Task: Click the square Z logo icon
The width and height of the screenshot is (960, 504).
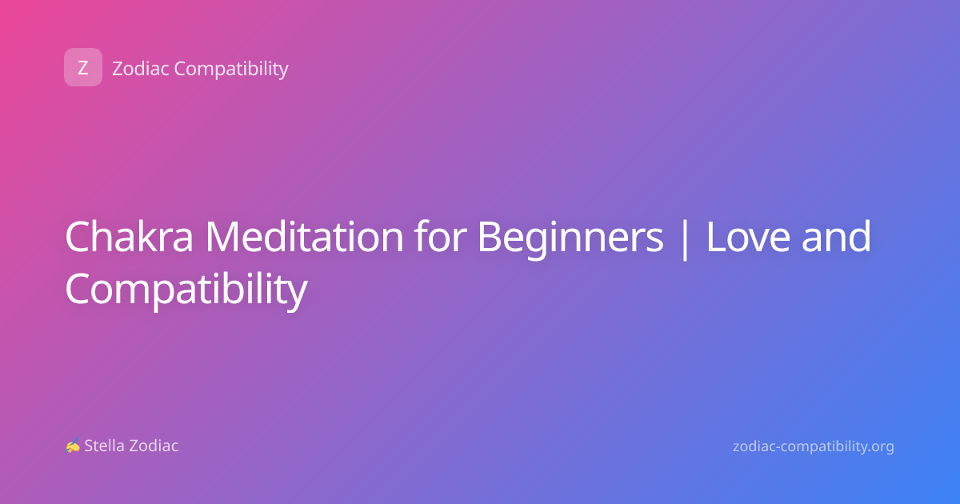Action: point(83,67)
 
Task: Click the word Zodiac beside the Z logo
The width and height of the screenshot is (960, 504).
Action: point(141,68)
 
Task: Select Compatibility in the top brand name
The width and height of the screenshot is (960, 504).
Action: point(231,70)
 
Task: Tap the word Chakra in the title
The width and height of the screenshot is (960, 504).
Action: point(129,236)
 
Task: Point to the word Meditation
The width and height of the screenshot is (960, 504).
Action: point(304,236)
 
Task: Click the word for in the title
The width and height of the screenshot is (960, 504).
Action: point(440,236)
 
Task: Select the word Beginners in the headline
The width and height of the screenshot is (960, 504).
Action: point(570,239)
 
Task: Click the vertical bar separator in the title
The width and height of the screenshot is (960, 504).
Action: point(685,239)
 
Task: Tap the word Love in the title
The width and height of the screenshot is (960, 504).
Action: point(748,237)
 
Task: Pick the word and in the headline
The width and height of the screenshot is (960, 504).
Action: point(836,236)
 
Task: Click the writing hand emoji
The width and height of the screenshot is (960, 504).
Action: point(73,446)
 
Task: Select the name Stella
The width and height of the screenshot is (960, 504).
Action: point(104,446)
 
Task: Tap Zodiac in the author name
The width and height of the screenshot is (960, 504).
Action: point(154,446)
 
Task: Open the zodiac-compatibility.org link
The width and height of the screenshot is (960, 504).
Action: point(814,447)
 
